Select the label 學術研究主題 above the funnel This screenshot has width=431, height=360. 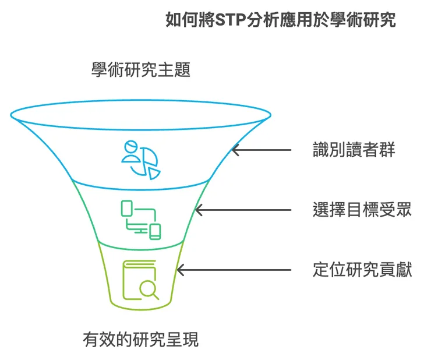pos(141,70)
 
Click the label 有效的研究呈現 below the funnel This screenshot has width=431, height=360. pos(140,339)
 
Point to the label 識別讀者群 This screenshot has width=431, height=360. pos(354,150)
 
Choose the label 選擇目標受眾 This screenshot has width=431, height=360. pos(362,210)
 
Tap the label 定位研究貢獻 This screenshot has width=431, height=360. pos(362,270)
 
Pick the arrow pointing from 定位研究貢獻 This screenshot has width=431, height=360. pos(233,270)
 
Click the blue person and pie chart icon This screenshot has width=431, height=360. pos(140,158)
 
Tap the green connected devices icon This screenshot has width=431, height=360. pos(140,219)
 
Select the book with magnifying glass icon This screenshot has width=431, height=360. pos(140,280)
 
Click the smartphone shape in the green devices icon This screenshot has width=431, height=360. pos(155,231)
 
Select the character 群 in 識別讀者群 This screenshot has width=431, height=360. pos(387,150)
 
